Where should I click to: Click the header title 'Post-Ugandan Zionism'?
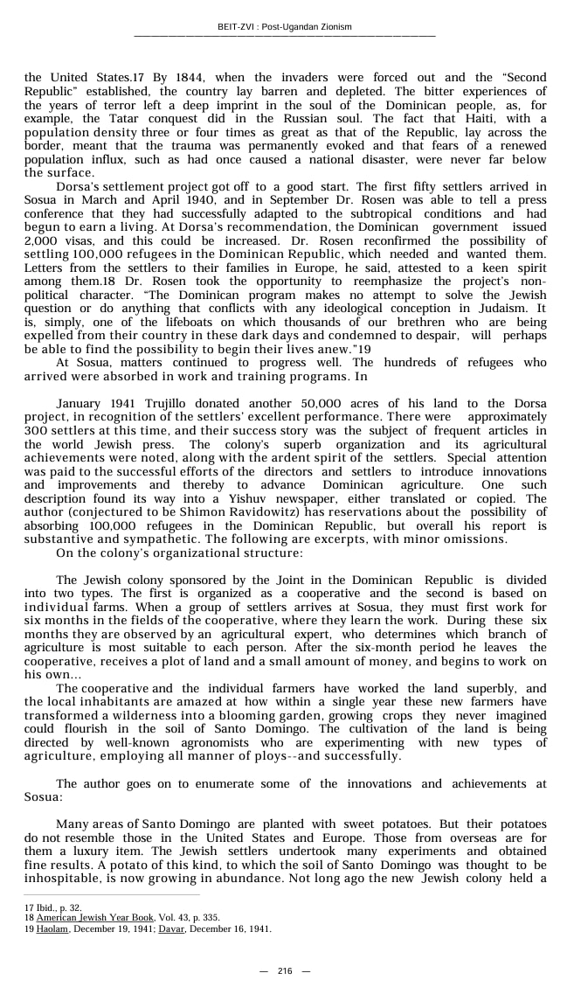pyautogui.click(x=307, y=27)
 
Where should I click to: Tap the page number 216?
pyautogui.click(x=285, y=971)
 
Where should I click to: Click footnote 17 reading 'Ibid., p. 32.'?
pyautogui.click(x=53, y=908)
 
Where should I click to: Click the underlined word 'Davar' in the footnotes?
pyautogui.click(x=171, y=928)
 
